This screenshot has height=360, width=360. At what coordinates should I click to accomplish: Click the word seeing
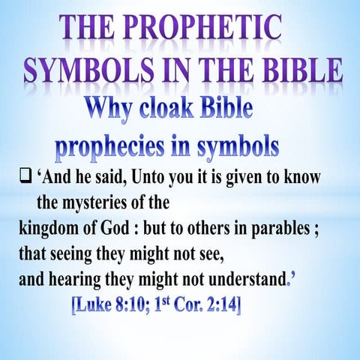[x=64, y=251]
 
